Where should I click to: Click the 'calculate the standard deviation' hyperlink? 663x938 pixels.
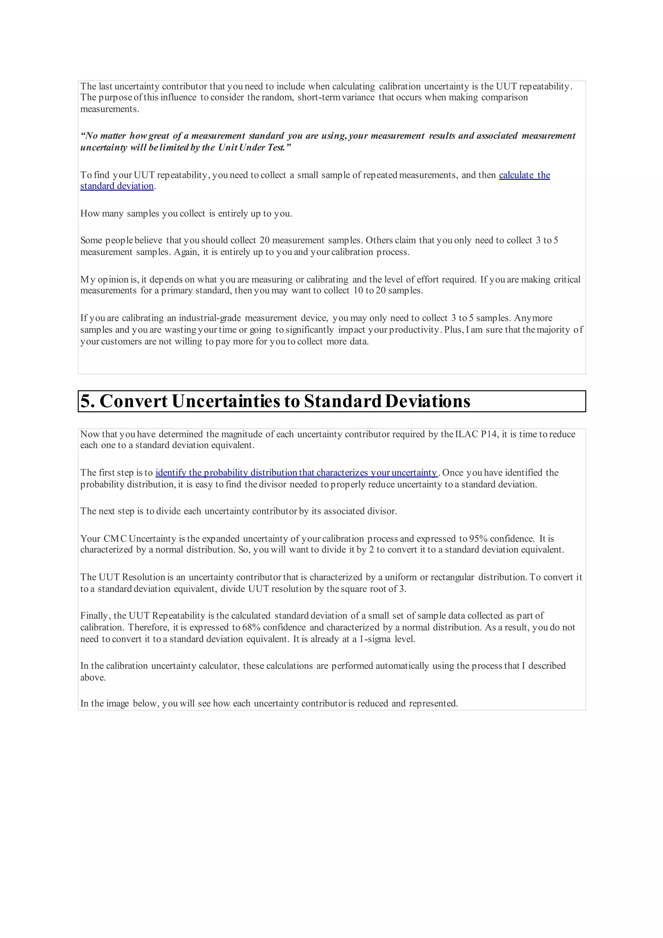524,175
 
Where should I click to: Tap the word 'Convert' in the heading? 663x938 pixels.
133,401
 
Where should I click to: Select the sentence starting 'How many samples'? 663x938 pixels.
186,214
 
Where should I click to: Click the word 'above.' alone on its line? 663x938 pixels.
93,678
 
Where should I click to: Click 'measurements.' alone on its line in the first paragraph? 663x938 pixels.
109,109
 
